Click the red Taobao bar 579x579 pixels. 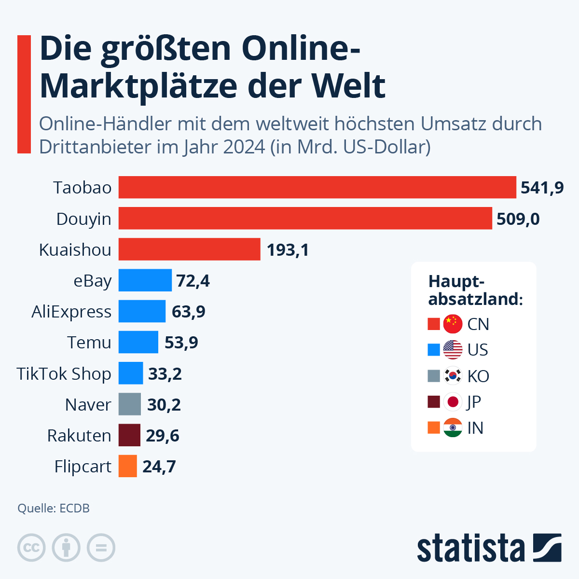click(x=317, y=187)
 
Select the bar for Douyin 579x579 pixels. click(x=305, y=219)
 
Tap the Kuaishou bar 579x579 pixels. click(x=190, y=249)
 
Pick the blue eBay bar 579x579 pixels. click(x=145, y=280)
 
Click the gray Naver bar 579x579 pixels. click(x=130, y=404)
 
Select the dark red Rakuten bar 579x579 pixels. click(x=129, y=435)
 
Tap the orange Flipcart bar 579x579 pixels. click(x=128, y=466)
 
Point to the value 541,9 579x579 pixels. click(x=542, y=188)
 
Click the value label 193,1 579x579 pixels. click(x=288, y=250)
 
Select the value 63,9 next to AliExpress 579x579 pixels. click(x=188, y=312)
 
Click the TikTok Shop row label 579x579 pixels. click(x=64, y=374)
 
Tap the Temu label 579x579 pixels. click(x=89, y=343)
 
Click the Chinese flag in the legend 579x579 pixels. click(x=453, y=324)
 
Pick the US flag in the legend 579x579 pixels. click(x=453, y=350)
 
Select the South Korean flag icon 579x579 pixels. click(x=453, y=376)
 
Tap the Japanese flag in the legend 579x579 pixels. click(x=453, y=402)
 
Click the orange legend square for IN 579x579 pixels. click(x=434, y=428)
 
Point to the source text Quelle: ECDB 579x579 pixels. click(x=54, y=509)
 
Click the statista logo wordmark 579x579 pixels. click(x=470, y=548)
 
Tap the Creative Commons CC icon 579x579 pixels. click(x=31, y=548)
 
